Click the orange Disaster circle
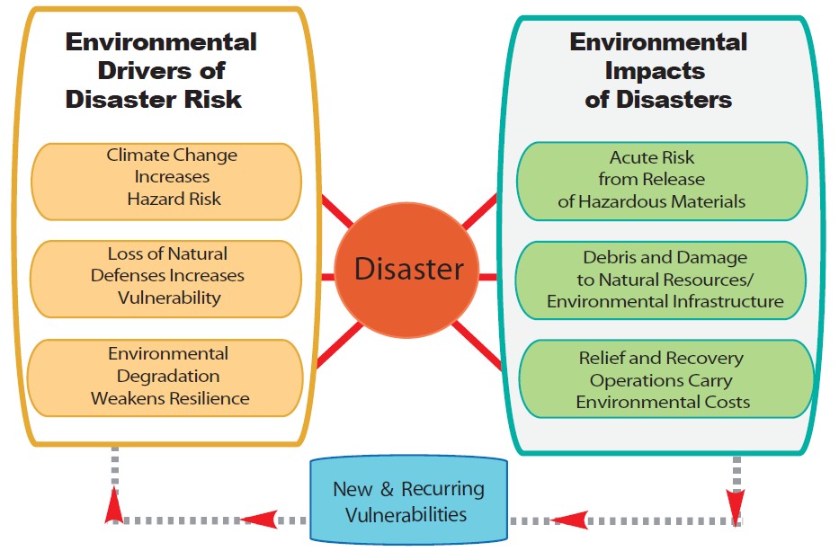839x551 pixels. (406, 270)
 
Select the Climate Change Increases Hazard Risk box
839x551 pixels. (166, 182)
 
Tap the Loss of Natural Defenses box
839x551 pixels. (165, 279)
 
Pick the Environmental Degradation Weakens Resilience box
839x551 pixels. (165, 378)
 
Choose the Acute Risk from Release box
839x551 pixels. (662, 181)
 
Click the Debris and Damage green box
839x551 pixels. (661, 280)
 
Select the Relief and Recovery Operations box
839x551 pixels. (666, 378)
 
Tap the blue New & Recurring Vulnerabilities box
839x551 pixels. (409, 500)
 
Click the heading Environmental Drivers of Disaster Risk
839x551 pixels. (161, 71)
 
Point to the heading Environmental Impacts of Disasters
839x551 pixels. (658, 71)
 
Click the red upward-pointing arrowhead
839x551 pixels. (114, 504)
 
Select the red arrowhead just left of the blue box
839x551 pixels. (259, 519)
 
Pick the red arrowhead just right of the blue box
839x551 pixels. (569, 520)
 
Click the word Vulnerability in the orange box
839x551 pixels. (169, 298)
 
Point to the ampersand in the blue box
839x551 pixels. (387, 489)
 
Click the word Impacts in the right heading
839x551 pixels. (655, 71)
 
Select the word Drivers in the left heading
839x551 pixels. (146, 71)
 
